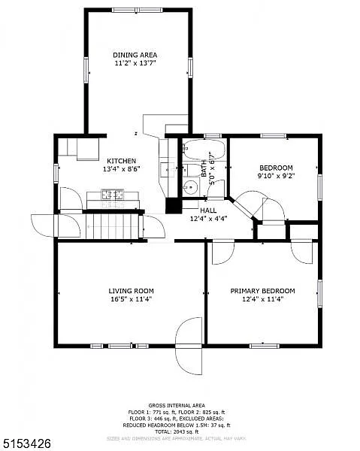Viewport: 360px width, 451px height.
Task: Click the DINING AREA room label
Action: coord(135,55)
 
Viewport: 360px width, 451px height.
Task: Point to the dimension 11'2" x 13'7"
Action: coord(135,64)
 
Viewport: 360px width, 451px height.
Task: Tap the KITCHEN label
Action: coord(121,161)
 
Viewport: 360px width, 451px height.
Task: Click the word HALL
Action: coord(208,211)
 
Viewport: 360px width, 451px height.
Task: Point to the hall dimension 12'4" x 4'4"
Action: coord(208,219)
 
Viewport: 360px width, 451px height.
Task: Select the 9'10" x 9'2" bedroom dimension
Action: coord(276,177)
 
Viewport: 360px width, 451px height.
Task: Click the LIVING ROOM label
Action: coord(131,291)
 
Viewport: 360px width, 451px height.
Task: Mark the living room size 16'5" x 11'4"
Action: coord(131,299)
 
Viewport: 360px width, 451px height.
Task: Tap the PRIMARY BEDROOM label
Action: coord(262,291)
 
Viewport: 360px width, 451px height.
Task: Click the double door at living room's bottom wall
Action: coord(189,345)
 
